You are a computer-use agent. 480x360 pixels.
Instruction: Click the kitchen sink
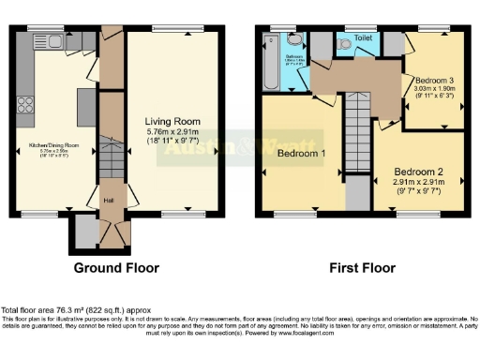coord(43,41)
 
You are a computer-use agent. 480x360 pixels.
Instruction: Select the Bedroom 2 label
coord(417,172)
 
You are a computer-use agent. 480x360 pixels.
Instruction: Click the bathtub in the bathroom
coord(271,63)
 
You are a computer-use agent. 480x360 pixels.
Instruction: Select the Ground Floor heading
coord(115,267)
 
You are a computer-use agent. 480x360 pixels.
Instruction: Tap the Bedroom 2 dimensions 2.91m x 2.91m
coord(417,187)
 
